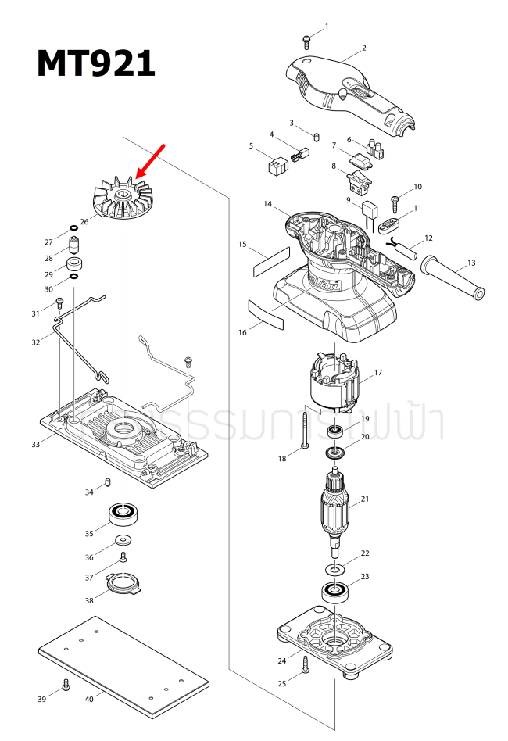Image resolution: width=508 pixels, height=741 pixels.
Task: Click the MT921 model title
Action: pyautogui.click(x=96, y=63)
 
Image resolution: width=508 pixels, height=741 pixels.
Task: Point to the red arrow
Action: pyautogui.click(x=151, y=160)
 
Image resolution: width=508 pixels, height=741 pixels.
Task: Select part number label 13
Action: pyautogui.click(x=470, y=263)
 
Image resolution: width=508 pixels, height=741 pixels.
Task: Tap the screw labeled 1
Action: pyautogui.click(x=306, y=38)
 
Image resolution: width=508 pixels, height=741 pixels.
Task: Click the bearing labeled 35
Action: pyautogui.click(x=123, y=514)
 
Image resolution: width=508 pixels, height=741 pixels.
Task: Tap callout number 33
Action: pyautogui.click(x=35, y=444)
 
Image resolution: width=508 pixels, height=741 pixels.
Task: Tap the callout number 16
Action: pyautogui.click(x=242, y=332)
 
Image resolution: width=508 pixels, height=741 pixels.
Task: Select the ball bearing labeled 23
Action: pyautogui.click(x=336, y=591)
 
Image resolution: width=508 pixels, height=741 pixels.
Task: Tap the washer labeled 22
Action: pyautogui.click(x=334, y=564)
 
